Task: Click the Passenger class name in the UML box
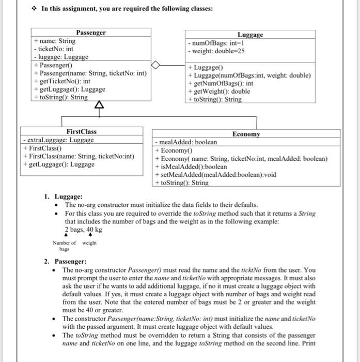(91, 33)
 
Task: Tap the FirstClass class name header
(81, 132)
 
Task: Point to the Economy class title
(246, 134)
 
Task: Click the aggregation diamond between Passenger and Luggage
(156, 65)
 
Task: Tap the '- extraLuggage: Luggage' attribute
(58, 140)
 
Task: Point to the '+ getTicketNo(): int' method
(62, 81)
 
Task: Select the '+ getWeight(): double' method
(219, 92)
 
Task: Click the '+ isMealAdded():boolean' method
(191, 167)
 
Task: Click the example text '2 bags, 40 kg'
(83, 230)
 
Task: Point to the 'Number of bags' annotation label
(64, 246)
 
